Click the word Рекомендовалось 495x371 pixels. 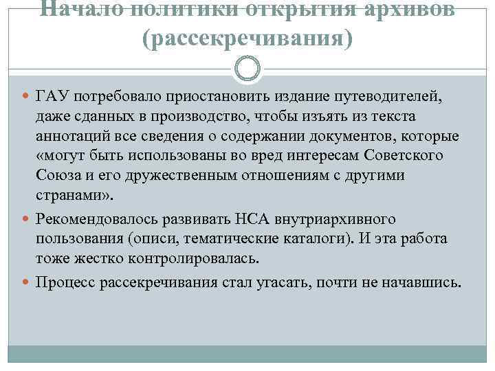(98, 220)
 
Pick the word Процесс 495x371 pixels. (64, 282)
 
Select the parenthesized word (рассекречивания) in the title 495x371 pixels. (247, 39)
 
